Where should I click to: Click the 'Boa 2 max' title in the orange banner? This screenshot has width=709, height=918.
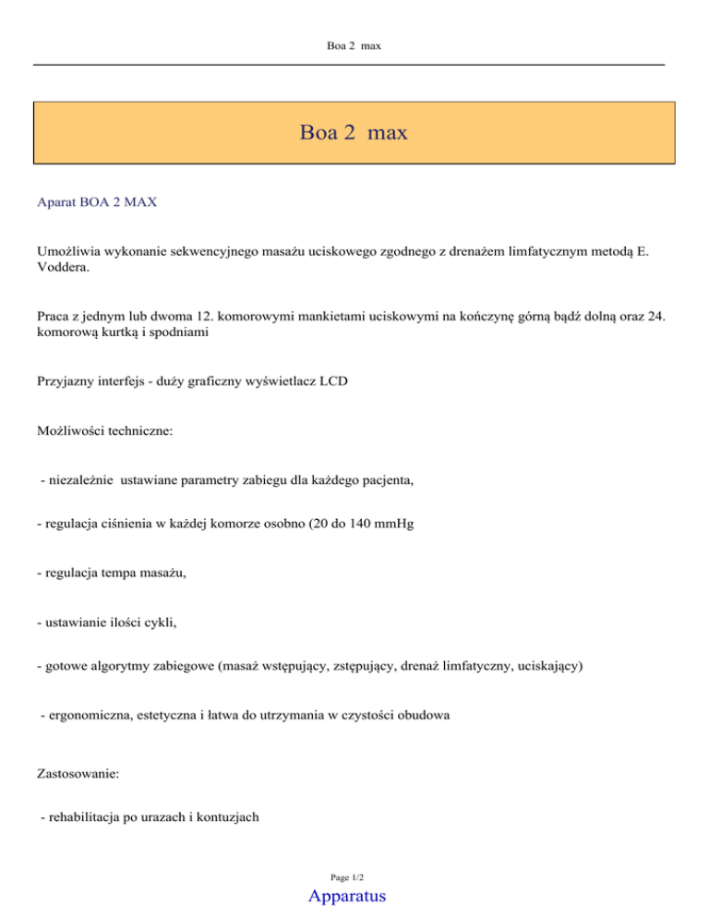tap(354, 133)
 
